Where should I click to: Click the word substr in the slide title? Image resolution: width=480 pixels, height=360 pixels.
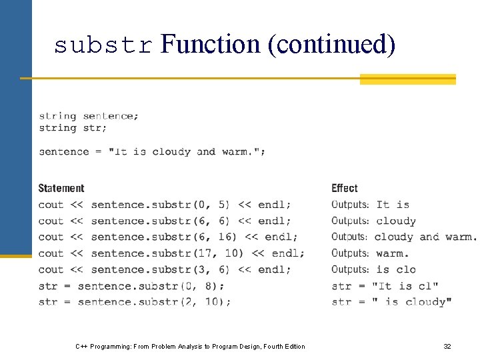pyautogui.click(x=103, y=45)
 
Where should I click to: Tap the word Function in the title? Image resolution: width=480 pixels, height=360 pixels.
pyautogui.click(x=211, y=44)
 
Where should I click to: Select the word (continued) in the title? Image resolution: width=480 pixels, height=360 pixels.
pyautogui.click(x=331, y=44)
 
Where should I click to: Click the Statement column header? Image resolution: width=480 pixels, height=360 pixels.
pyautogui.click(x=61, y=188)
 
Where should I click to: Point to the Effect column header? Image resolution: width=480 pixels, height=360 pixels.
pyautogui.click(x=345, y=188)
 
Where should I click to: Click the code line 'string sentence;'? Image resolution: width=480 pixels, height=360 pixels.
pyautogui.click(x=89, y=116)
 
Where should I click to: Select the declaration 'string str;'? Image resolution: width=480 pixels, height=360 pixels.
pyautogui.click(x=73, y=127)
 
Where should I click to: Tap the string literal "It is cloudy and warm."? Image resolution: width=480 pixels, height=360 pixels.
pyautogui.click(x=190, y=151)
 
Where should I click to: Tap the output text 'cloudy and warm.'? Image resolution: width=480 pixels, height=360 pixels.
pyautogui.click(x=425, y=237)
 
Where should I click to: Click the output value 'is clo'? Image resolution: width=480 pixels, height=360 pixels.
pyautogui.click(x=396, y=269)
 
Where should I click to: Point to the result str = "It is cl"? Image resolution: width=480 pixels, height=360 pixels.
pyautogui.click(x=385, y=286)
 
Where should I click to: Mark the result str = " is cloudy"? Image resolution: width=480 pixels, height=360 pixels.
pyautogui.click(x=391, y=302)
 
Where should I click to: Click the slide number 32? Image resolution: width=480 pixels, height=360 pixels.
pyautogui.click(x=447, y=346)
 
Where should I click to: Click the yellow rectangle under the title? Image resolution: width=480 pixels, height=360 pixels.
pyautogui.click(x=407, y=79)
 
